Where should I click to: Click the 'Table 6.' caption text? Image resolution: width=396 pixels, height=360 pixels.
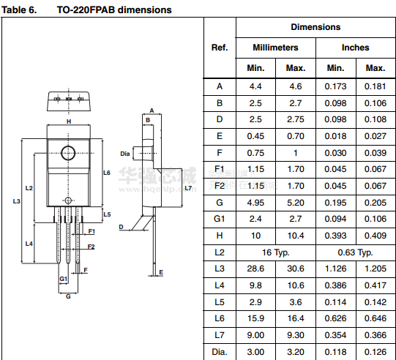[x=19, y=10]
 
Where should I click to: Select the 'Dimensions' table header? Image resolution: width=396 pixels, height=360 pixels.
[x=315, y=27]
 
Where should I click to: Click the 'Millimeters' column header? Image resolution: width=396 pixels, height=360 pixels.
[x=275, y=48]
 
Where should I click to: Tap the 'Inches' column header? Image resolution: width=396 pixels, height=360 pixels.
[x=355, y=48]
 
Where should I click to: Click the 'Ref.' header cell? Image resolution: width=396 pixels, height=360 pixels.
[x=220, y=48]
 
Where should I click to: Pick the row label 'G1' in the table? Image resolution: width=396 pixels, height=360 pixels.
[x=219, y=219]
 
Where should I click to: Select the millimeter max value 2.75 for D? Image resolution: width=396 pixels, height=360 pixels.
[x=296, y=119]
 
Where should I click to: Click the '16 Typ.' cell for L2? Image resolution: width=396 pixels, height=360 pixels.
[x=275, y=252]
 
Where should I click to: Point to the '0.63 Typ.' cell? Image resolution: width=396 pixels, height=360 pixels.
[x=355, y=252]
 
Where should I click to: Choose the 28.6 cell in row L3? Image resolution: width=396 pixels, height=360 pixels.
[x=255, y=269]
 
